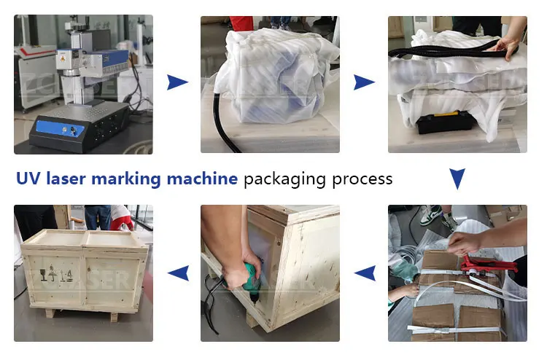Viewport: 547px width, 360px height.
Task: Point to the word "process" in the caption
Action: pyautogui.click(x=360, y=179)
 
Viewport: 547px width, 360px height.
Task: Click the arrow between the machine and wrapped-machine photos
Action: pyautogui.click(x=177, y=82)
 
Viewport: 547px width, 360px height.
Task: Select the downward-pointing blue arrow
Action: pyautogui.click(x=457, y=179)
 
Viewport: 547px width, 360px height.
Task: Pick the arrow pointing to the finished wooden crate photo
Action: pyautogui.click(x=177, y=273)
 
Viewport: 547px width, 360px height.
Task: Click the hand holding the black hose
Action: pyautogui.click(x=511, y=47)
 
